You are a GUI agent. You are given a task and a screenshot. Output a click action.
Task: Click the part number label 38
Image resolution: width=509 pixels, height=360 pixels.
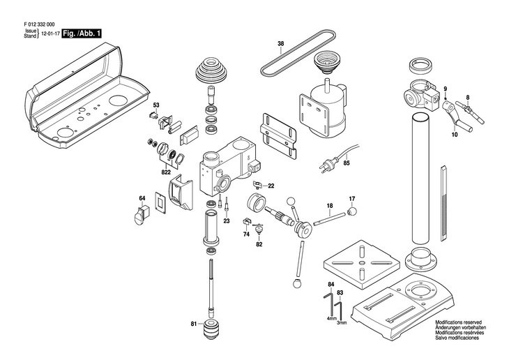pyautogui.click(x=281, y=43)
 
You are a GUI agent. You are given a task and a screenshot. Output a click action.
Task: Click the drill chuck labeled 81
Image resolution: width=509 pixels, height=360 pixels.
pyautogui.click(x=210, y=329)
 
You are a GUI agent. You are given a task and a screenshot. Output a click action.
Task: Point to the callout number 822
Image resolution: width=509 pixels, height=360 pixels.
pyautogui.click(x=166, y=172)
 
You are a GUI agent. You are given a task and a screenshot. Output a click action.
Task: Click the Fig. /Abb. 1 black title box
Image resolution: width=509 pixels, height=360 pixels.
pyautogui.click(x=82, y=33)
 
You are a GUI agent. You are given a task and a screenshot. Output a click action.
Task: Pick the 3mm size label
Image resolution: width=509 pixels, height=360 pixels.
pyautogui.click(x=342, y=322)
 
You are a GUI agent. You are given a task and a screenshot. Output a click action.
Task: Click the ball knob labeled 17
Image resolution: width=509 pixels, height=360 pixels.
pyautogui.click(x=352, y=212)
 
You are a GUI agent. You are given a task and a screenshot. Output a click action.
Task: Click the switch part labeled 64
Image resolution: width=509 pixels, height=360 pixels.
pyautogui.click(x=142, y=215)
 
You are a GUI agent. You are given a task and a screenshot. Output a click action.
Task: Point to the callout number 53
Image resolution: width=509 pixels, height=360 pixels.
pyautogui.click(x=156, y=105)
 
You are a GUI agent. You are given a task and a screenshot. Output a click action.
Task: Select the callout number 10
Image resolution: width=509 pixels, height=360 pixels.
pyautogui.click(x=455, y=135)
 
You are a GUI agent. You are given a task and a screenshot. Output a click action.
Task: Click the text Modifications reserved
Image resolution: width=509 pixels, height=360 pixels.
pyautogui.click(x=459, y=322)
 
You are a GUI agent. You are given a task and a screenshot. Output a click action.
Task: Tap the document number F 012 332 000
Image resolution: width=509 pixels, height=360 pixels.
pyautogui.click(x=39, y=24)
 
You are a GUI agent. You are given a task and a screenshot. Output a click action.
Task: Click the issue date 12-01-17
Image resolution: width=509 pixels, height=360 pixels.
pyautogui.click(x=51, y=33)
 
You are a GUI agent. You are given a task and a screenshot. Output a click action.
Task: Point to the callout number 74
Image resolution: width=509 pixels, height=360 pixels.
pyautogui.click(x=246, y=234)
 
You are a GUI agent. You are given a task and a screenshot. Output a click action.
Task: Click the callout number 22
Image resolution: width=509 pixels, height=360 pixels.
pyautogui.click(x=271, y=186)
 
